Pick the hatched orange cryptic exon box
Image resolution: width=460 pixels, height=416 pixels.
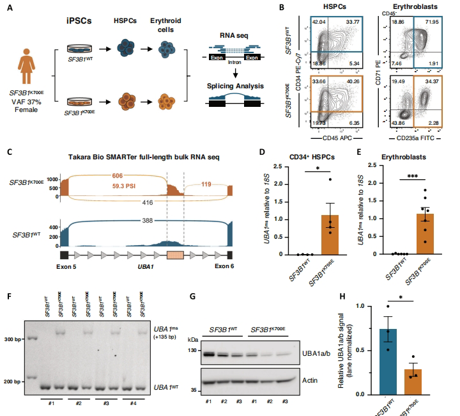174,255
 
